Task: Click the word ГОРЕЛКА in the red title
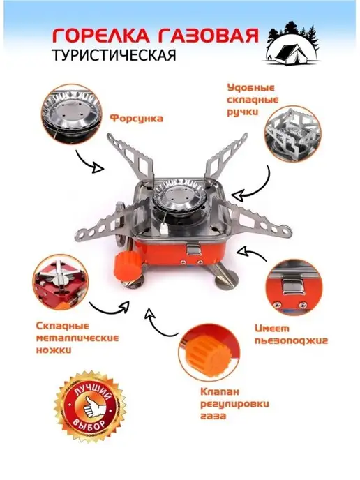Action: [x=100, y=36]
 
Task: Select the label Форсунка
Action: [x=136, y=119]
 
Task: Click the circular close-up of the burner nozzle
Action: [x=72, y=114]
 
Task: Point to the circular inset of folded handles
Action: [x=292, y=134]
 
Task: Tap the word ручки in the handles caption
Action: [x=243, y=112]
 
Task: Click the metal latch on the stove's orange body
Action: [x=193, y=248]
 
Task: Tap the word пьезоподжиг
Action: [x=291, y=341]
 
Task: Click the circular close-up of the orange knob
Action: [x=209, y=351]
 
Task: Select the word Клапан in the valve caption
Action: [x=220, y=391]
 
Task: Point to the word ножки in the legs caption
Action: [x=54, y=350]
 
